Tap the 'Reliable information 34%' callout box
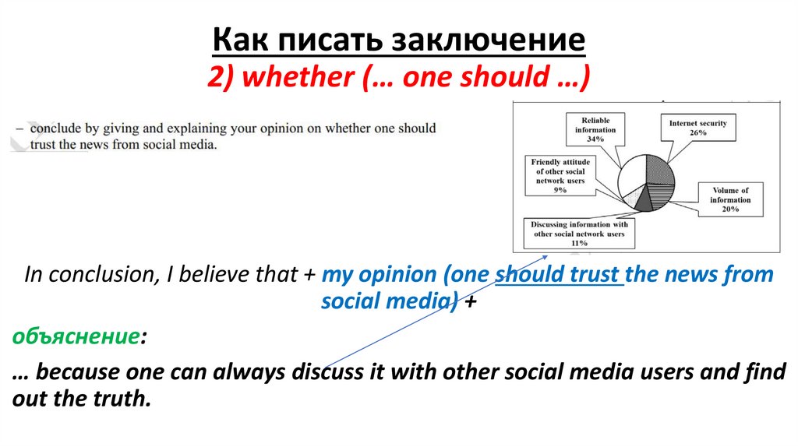coord(595,129)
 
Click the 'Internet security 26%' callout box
coord(697,128)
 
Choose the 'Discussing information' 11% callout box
coord(579,233)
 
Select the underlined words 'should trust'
coord(559,274)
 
